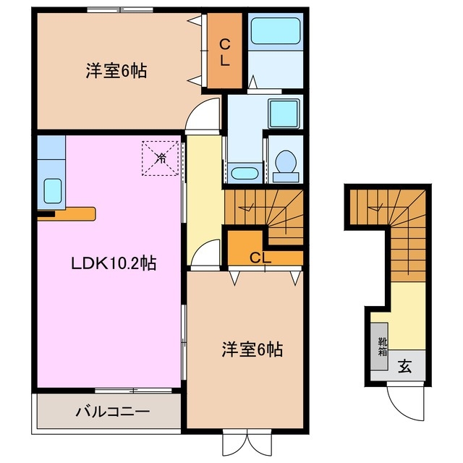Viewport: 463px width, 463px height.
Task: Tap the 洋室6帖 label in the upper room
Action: [116, 71]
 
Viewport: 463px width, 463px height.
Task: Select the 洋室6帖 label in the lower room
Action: [251, 350]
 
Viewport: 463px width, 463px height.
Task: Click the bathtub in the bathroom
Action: [275, 33]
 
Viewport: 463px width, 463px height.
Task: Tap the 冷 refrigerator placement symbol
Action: [160, 158]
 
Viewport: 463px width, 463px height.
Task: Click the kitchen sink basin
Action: [52, 191]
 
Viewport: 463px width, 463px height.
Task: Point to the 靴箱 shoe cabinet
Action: [381, 347]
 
